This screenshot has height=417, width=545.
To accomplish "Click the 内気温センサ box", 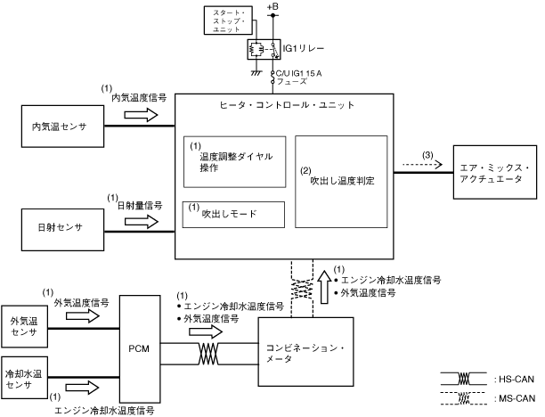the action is click(62, 127).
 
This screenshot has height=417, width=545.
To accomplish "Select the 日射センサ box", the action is click(62, 230).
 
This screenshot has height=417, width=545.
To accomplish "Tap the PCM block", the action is click(140, 348).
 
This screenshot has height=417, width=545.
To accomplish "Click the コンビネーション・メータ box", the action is click(305, 352).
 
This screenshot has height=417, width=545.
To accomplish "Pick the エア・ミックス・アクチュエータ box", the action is click(495, 172).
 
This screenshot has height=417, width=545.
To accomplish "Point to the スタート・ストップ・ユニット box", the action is click(228, 20).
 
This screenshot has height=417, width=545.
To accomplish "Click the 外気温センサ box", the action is click(24, 327).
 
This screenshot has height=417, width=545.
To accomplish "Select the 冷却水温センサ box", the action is click(24, 378).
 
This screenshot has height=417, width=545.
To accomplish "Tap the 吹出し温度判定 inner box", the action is click(341, 182).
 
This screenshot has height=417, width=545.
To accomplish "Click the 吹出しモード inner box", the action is click(233, 215).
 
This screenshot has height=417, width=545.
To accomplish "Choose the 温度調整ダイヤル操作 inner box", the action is click(234, 162).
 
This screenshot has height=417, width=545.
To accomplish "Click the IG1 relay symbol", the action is click(264, 49).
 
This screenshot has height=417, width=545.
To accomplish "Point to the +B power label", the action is click(272, 6).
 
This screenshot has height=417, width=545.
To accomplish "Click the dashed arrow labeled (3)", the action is click(422, 164).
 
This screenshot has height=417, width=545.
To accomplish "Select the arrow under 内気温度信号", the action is click(141, 115).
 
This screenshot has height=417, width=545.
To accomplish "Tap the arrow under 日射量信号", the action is click(141, 222).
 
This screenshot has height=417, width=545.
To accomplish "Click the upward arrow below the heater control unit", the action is click(325, 287).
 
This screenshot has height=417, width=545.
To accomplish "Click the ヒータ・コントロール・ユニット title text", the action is click(287, 104).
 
